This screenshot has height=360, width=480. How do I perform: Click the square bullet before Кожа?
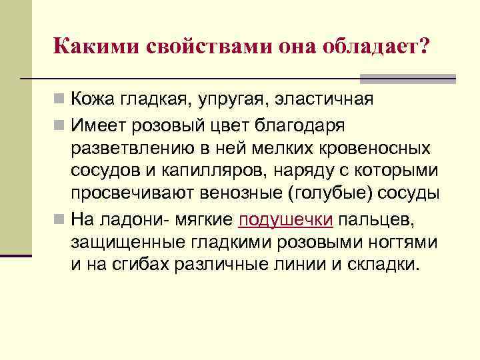60,100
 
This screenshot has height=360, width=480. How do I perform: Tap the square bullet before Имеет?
60,124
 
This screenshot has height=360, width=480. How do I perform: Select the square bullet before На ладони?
60,219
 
